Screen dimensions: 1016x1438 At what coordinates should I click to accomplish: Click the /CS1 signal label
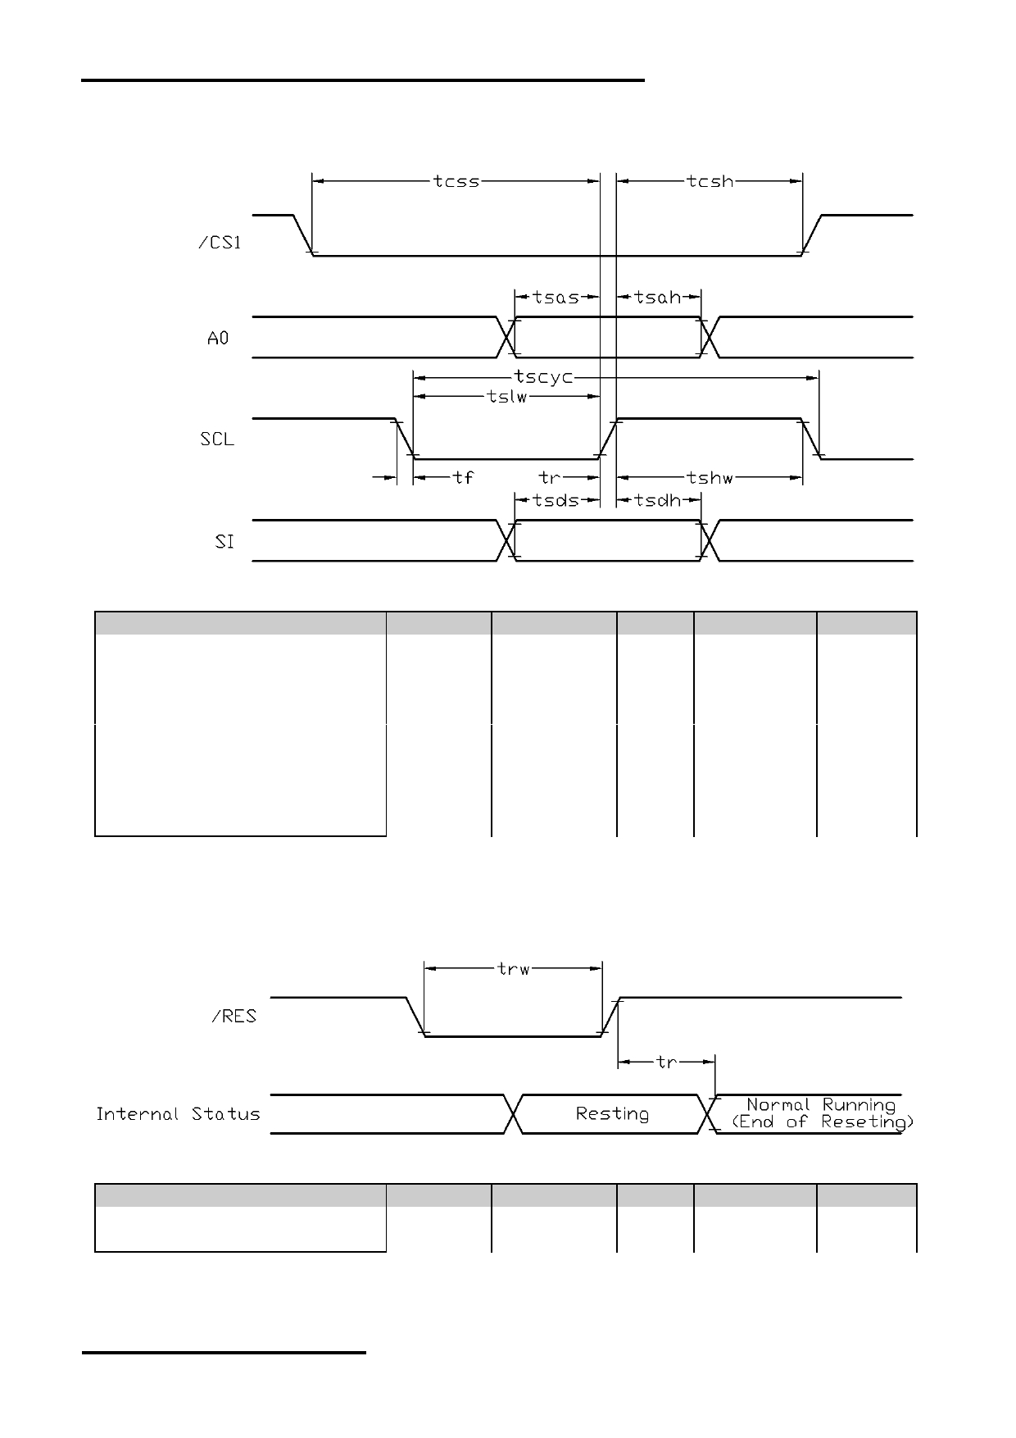pyautogui.click(x=220, y=243)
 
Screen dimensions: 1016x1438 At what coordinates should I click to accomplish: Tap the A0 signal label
pyautogui.click(x=218, y=338)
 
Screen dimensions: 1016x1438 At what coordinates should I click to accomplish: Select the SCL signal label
pyautogui.click(x=217, y=439)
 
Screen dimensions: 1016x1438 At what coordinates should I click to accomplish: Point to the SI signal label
pyautogui.click(x=225, y=542)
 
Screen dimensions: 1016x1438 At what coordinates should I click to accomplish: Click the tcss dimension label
pyautogui.click(x=456, y=182)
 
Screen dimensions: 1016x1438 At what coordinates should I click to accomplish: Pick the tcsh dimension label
pyautogui.click(x=710, y=181)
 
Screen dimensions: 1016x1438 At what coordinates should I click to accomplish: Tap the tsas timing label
pyautogui.click(x=556, y=297)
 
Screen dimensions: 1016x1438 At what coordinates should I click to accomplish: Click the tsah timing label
pyautogui.click(x=658, y=297)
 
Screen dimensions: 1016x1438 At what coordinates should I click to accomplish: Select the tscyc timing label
pyautogui.click(x=543, y=377)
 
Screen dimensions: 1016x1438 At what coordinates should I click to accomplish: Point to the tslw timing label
pyautogui.click(x=506, y=398)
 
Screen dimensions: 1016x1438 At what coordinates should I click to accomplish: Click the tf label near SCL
pyautogui.click(x=463, y=477)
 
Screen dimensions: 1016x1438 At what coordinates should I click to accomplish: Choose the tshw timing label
pyautogui.click(x=710, y=478)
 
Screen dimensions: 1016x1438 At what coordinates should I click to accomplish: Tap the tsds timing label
pyautogui.click(x=556, y=499)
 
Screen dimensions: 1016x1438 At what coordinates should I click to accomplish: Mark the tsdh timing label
pyautogui.click(x=658, y=499)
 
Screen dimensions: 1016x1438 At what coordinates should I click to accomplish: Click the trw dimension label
pyautogui.click(x=514, y=969)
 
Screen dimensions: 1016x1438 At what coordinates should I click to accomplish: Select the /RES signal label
pyautogui.click(x=234, y=1017)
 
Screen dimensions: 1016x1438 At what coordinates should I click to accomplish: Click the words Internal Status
pyautogui.click(x=178, y=1114)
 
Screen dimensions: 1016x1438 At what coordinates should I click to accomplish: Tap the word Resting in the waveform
pyautogui.click(x=612, y=1114)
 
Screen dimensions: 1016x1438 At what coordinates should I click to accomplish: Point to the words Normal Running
pyautogui.click(x=821, y=1105)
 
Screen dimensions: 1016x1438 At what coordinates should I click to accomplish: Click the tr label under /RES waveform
pyautogui.click(x=667, y=1063)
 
